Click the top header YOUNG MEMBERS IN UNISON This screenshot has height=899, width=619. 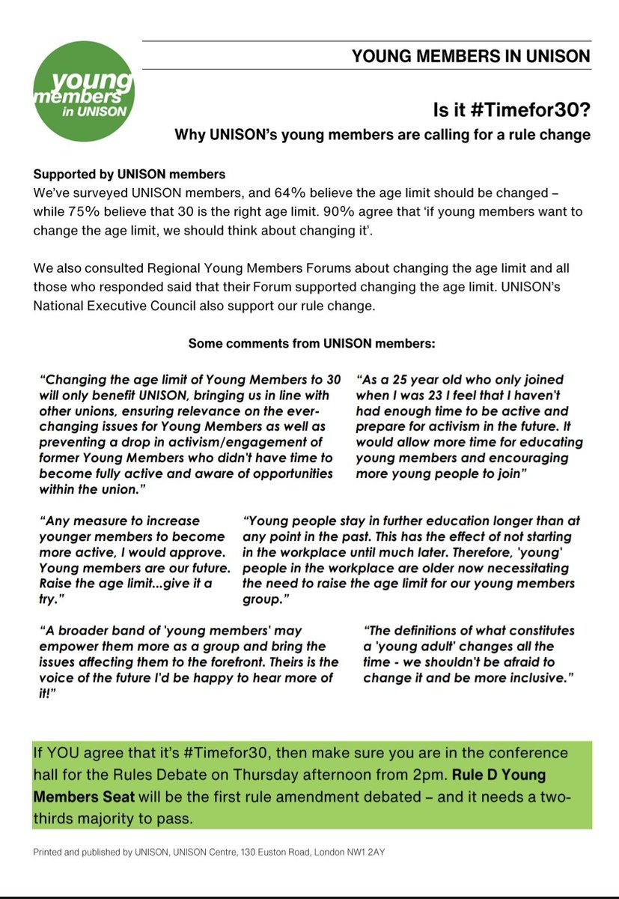(471, 56)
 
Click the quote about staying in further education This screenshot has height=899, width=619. (412, 560)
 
